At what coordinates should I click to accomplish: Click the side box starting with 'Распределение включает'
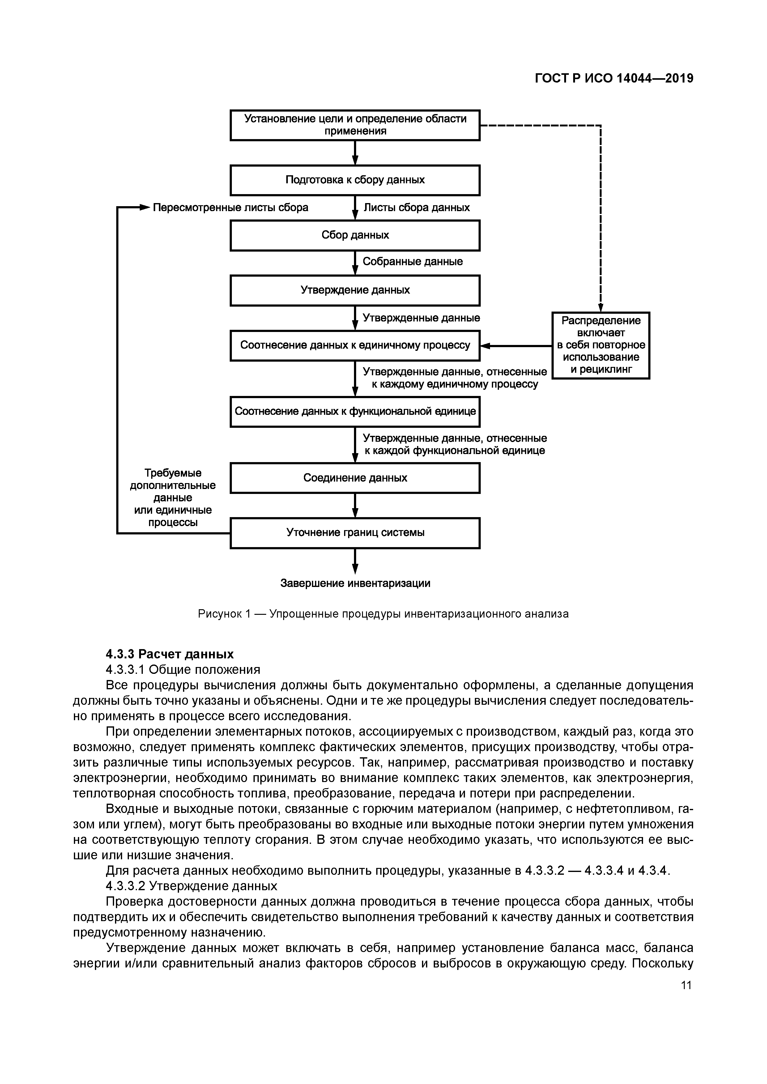click(601, 345)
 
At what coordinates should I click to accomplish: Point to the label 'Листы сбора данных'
click(416, 208)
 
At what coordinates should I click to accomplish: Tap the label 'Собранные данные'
click(412, 261)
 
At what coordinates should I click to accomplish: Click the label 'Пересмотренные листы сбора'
click(231, 208)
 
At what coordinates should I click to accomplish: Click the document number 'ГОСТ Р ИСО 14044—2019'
click(614, 79)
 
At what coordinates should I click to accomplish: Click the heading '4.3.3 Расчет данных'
click(169, 654)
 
